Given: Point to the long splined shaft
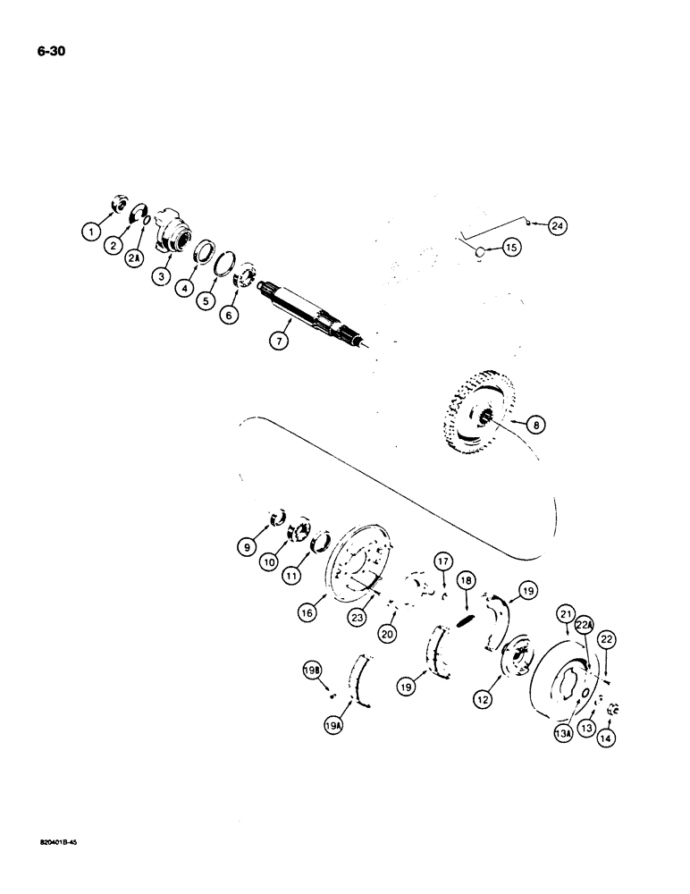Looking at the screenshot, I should (313, 311).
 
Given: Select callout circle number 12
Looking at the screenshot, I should (483, 701).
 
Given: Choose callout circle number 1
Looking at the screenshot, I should (91, 232).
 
